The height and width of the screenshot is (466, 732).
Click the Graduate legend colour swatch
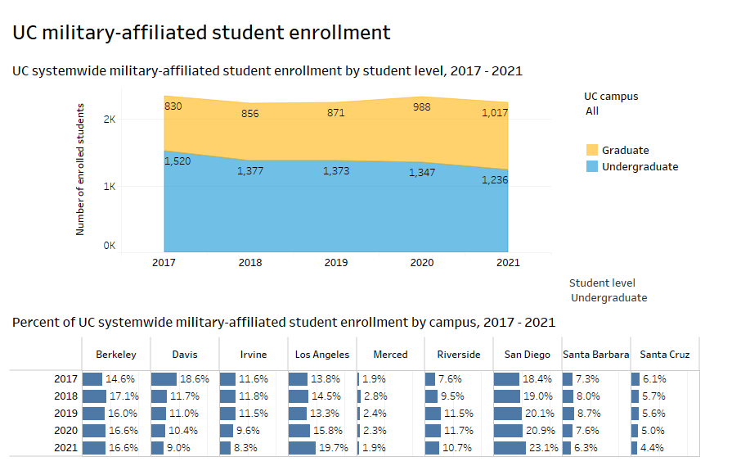[x=592, y=150]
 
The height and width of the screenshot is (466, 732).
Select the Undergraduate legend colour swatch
[x=592, y=166]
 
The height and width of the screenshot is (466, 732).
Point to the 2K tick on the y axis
[x=109, y=120]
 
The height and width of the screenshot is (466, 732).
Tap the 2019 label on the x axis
[x=335, y=263]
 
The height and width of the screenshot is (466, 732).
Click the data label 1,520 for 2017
[x=177, y=161]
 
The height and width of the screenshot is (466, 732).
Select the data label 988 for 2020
[x=423, y=106]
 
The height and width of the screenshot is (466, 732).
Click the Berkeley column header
[x=115, y=355]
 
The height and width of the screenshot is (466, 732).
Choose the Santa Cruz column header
[x=664, y=355]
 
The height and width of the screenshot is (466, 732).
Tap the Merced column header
[x=390, y=355]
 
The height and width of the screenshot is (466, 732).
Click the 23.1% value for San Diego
[x=544, y=448]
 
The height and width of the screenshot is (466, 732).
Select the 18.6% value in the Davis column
[x=195, y=379]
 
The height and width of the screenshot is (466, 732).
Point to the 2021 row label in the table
[x=65, y=448]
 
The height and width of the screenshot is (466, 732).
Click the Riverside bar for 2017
[x=429, y=379]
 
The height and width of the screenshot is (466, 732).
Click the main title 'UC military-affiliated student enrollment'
[x=201, y=33]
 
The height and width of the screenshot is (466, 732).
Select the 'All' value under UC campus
[x=592, y=111]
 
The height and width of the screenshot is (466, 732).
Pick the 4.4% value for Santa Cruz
[x=652, y=448]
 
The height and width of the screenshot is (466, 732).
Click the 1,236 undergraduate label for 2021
[x=493, y=180]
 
